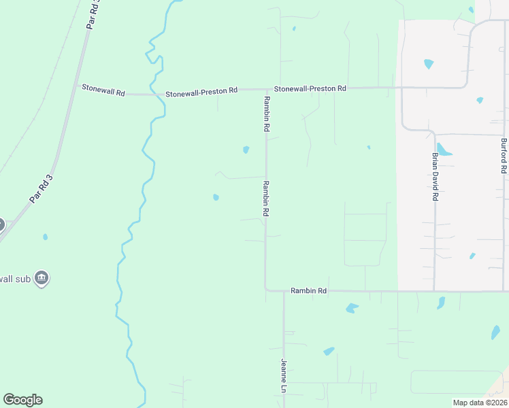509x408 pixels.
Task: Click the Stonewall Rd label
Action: (103, 89)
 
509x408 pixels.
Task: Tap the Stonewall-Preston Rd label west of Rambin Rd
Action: (202, 90)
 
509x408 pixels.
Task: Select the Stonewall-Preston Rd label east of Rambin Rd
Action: (310, 89)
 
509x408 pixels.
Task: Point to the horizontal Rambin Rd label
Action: (308, 290)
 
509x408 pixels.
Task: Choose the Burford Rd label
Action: (504, 156)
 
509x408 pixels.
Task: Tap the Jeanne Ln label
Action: (284, 376)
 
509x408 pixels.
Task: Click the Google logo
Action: (22, 400)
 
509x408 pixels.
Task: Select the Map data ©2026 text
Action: (479, 403)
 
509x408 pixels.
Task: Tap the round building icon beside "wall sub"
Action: (42, 278)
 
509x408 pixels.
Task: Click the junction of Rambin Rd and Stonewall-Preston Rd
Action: (265, 89)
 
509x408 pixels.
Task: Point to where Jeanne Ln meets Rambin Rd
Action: (284, 291)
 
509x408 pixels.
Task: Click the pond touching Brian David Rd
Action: (443, 150)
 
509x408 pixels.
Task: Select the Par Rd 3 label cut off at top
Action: (93, 14)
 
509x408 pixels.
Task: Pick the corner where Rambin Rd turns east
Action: (265, 290)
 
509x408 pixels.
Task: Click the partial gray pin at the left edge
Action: (1, 224)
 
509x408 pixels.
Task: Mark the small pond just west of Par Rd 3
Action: (45, 237)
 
